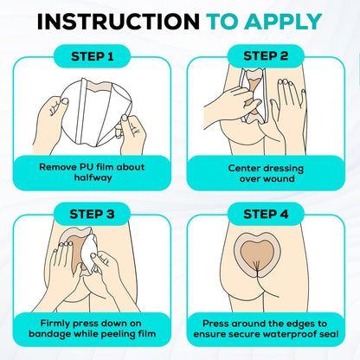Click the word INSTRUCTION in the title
119,22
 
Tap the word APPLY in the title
283,22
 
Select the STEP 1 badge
92,56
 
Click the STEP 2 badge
266,56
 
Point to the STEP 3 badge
92,214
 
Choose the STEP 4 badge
266,214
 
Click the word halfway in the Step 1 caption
93,177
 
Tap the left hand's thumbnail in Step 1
65,101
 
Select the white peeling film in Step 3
90,254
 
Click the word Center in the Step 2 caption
244,168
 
